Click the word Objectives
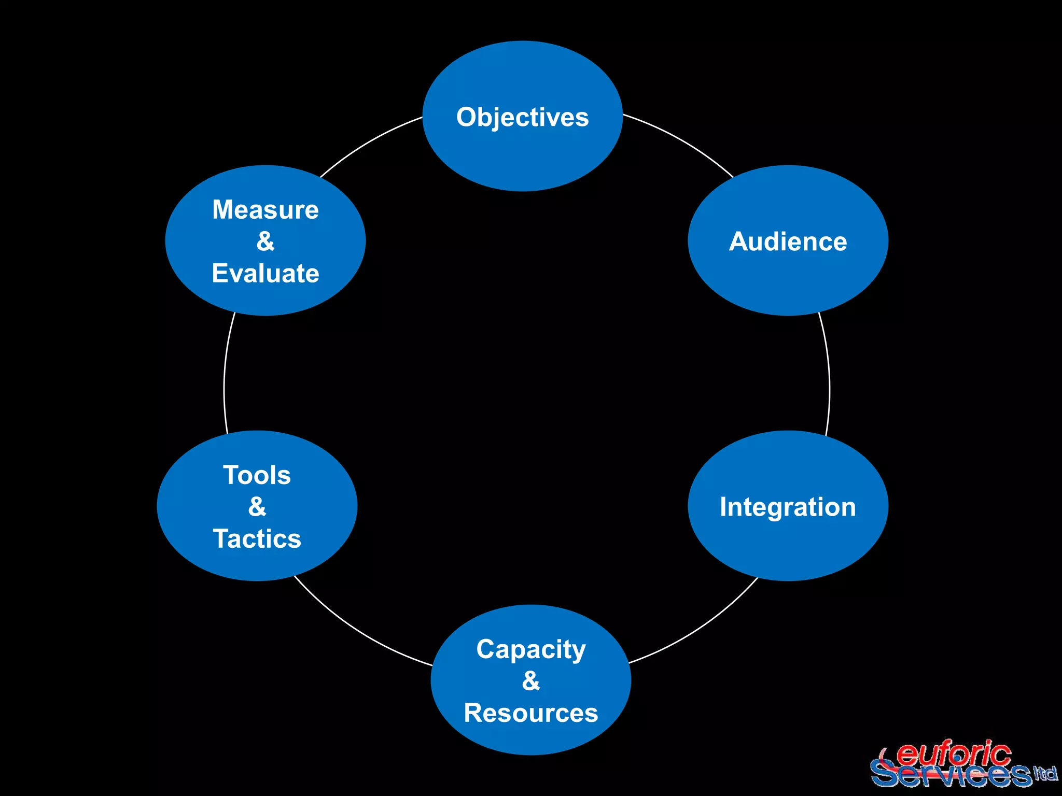coord(522,118)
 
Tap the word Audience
coord(788,241)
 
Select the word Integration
coord(788,507)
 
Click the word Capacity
coord(530,649)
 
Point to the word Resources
coord(530,713)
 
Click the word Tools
coord(257,475)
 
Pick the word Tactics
coord(257,539)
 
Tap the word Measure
coord(265,210)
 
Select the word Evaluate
coord(265,274)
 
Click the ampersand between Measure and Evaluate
coord(265,241)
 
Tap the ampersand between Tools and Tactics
coord(257,507)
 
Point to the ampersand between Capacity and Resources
coord(530,681)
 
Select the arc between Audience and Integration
coord(829,373)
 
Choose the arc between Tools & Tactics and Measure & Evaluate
coord(225,373)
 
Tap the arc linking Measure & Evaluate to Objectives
coord(368,142)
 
